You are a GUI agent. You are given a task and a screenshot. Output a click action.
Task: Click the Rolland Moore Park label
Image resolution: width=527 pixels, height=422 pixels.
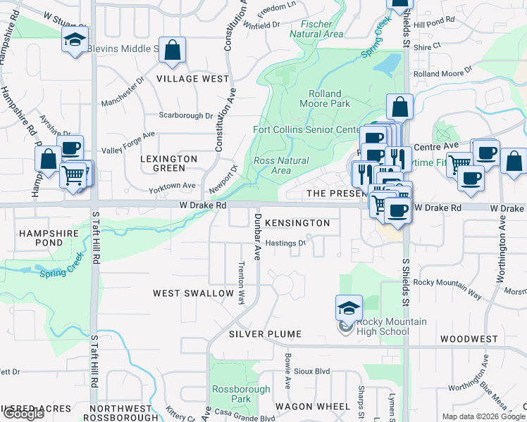coord(324,98)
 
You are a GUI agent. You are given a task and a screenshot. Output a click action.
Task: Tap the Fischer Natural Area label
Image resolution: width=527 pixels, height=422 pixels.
coord(316,29)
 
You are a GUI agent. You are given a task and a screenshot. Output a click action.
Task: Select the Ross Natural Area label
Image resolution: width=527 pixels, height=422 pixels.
coord(280,165)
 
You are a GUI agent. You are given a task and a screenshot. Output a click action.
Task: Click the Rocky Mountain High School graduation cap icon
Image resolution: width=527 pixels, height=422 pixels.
coord(349,308)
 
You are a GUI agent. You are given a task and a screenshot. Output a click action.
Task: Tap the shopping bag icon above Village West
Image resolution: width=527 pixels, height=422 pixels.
coord(172,50)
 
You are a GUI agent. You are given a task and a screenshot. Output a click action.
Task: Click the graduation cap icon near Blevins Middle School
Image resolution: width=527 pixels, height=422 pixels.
coord(74,41)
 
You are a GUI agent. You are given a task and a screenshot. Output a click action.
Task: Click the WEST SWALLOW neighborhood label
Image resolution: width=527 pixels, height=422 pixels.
coord(194,293)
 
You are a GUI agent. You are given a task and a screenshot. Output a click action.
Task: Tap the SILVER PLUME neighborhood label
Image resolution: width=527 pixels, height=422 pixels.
coord(265,334)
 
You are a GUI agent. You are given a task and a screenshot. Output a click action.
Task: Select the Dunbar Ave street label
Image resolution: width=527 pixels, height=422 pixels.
coord(258,234)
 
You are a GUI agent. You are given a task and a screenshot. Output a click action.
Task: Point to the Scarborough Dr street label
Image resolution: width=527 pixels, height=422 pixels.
coord(186,115)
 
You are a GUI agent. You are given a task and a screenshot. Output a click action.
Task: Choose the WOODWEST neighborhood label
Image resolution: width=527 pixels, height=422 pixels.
coord(469,339)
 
